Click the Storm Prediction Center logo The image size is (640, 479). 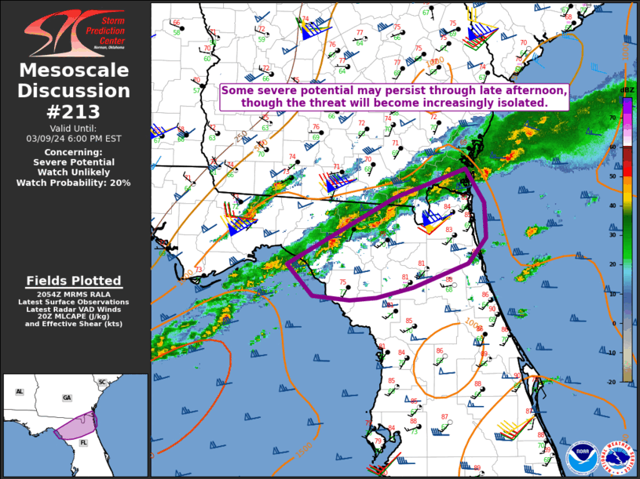(75, 33)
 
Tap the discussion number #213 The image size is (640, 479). (74, 112)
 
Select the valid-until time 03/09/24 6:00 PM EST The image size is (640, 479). (74, 138)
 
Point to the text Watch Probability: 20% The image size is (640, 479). (74, 183)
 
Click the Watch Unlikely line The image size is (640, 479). (74, 172)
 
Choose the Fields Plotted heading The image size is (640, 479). (74, 281)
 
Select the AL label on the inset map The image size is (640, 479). (20, 391)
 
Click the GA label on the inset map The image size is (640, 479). (67, 397)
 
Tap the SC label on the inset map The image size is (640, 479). (102, 382)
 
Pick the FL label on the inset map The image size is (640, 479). (83, 442)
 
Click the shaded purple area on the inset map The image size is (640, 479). (75, 427)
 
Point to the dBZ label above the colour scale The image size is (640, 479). (627, 92)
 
